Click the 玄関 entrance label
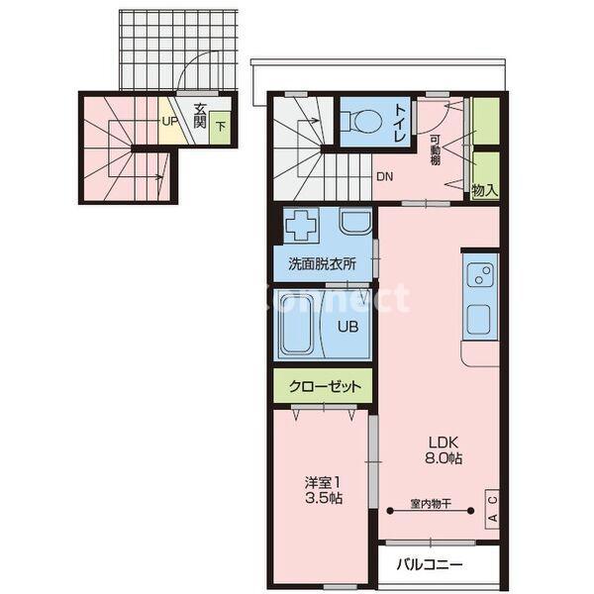[x=200, y=116]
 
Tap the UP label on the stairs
[x=169, y=121]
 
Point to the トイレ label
[x=400, y=123]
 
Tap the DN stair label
[x=384, y=176]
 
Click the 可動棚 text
[x=435, y=150]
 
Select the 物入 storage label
[x=484, y=190]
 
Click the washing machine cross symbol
[x=301, y=225]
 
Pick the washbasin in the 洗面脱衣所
[x=355, y=222]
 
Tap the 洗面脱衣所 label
[x=323, y=263]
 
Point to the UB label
[x=348, y=327]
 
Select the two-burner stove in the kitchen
[x=480, y=275]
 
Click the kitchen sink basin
[x=479, y=320]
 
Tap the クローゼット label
[x=325, y=387]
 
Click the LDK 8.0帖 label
[x=444, y=450]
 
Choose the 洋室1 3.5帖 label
[x=323, y=491]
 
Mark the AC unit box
[x=492, y=509]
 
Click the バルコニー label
[x=430, y=565]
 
